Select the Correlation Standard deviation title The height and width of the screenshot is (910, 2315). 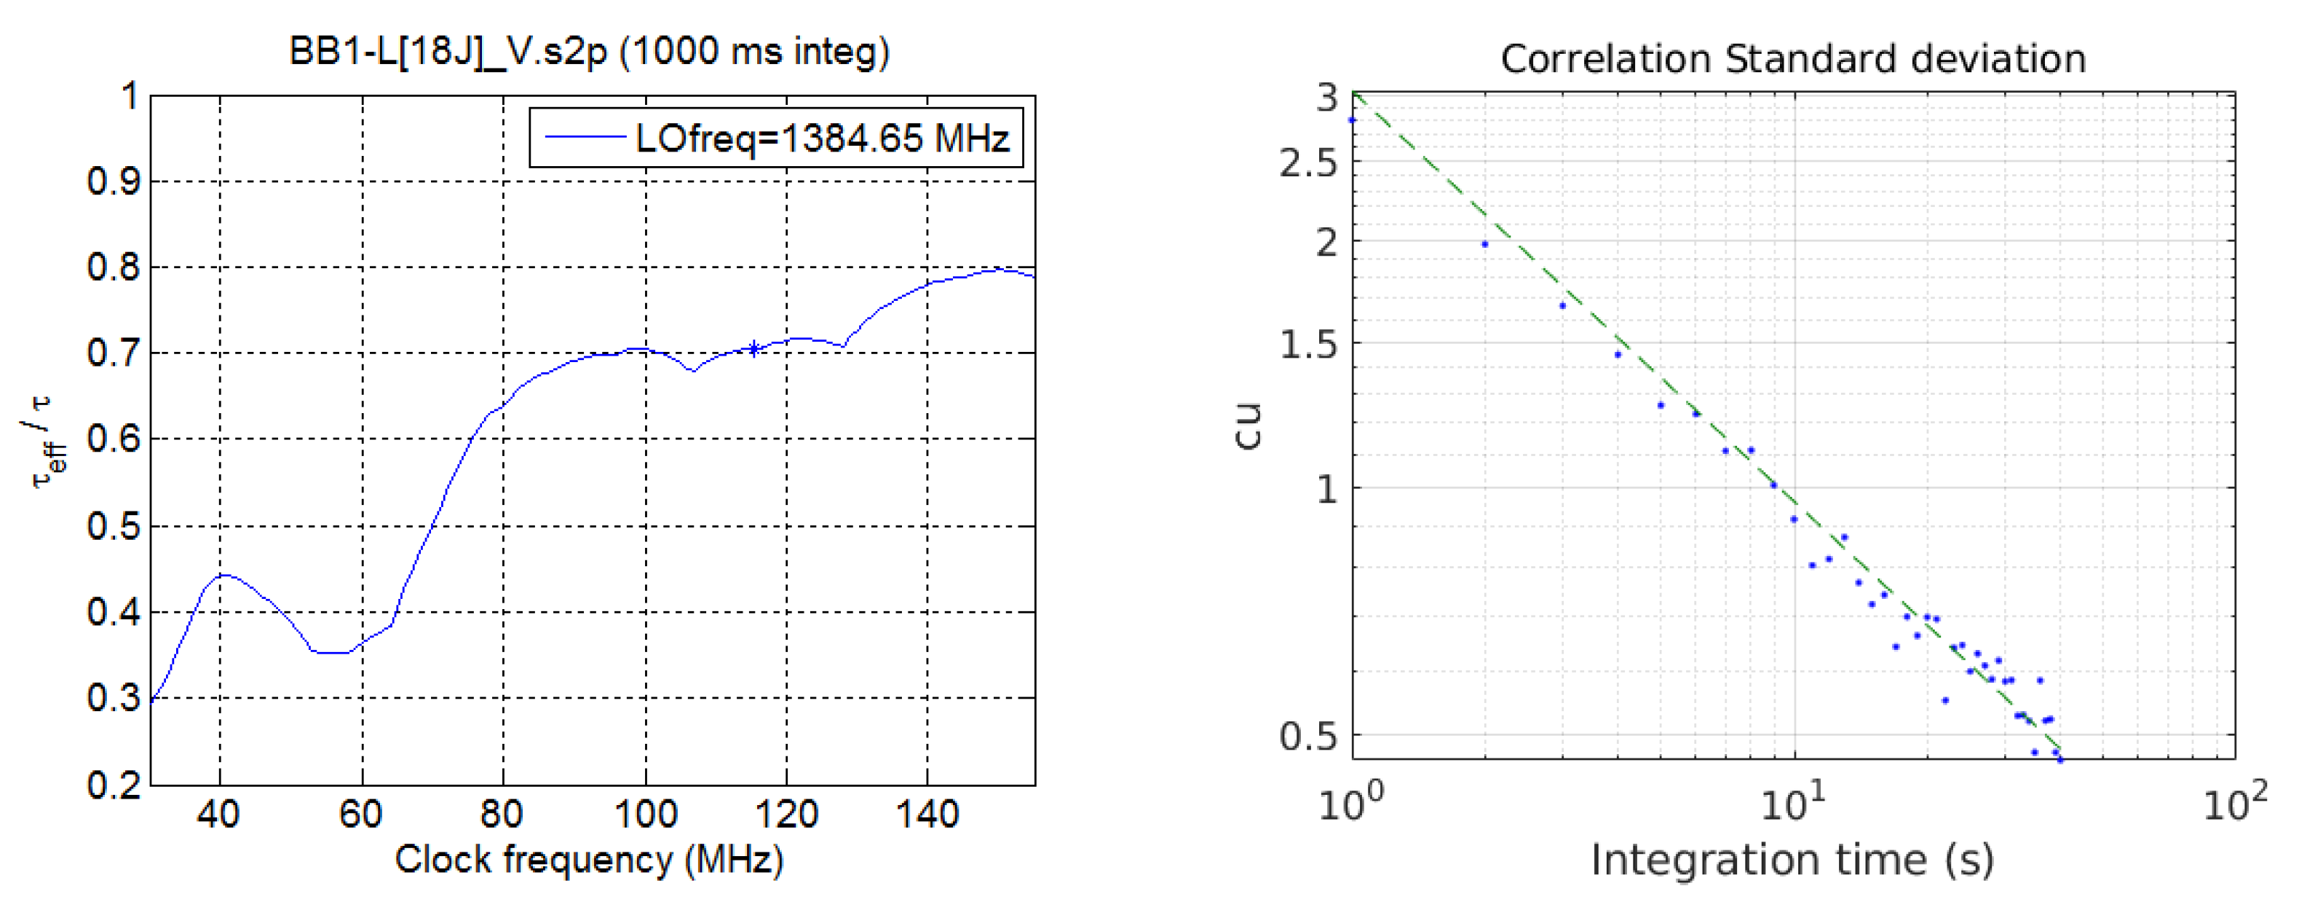pos(1793,59)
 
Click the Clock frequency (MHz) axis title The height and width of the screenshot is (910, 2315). pos(589,860)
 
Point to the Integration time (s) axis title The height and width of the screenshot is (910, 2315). pos(1792,860)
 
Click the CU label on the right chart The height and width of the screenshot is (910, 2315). pos(1249,426)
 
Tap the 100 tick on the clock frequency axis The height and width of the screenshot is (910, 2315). pos(645,815)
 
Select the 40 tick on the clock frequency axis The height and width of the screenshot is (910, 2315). pos(218,815)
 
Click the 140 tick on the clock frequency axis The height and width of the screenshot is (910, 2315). pos(927,815)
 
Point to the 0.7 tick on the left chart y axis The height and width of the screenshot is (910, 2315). pos(114,353)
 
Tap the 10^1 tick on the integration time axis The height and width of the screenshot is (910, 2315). pos(1794,804)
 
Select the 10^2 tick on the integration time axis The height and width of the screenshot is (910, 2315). pos(2235,804)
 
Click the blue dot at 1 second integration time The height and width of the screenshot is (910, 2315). pos(1353,119)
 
